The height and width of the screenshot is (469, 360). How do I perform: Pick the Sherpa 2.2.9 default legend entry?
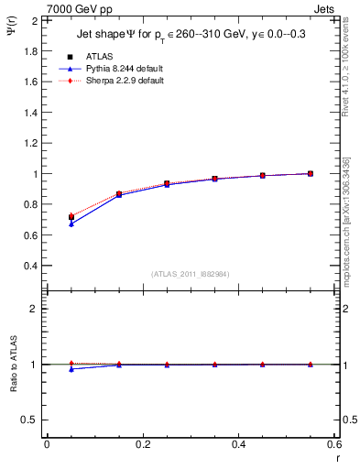(x=124, y=81)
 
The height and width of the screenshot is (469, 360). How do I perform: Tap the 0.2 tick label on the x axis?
(x=142, y=443)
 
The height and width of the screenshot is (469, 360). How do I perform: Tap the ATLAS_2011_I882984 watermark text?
(x=191, y=273)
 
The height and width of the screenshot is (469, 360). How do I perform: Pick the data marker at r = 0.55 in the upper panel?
(x=311, y=173)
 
